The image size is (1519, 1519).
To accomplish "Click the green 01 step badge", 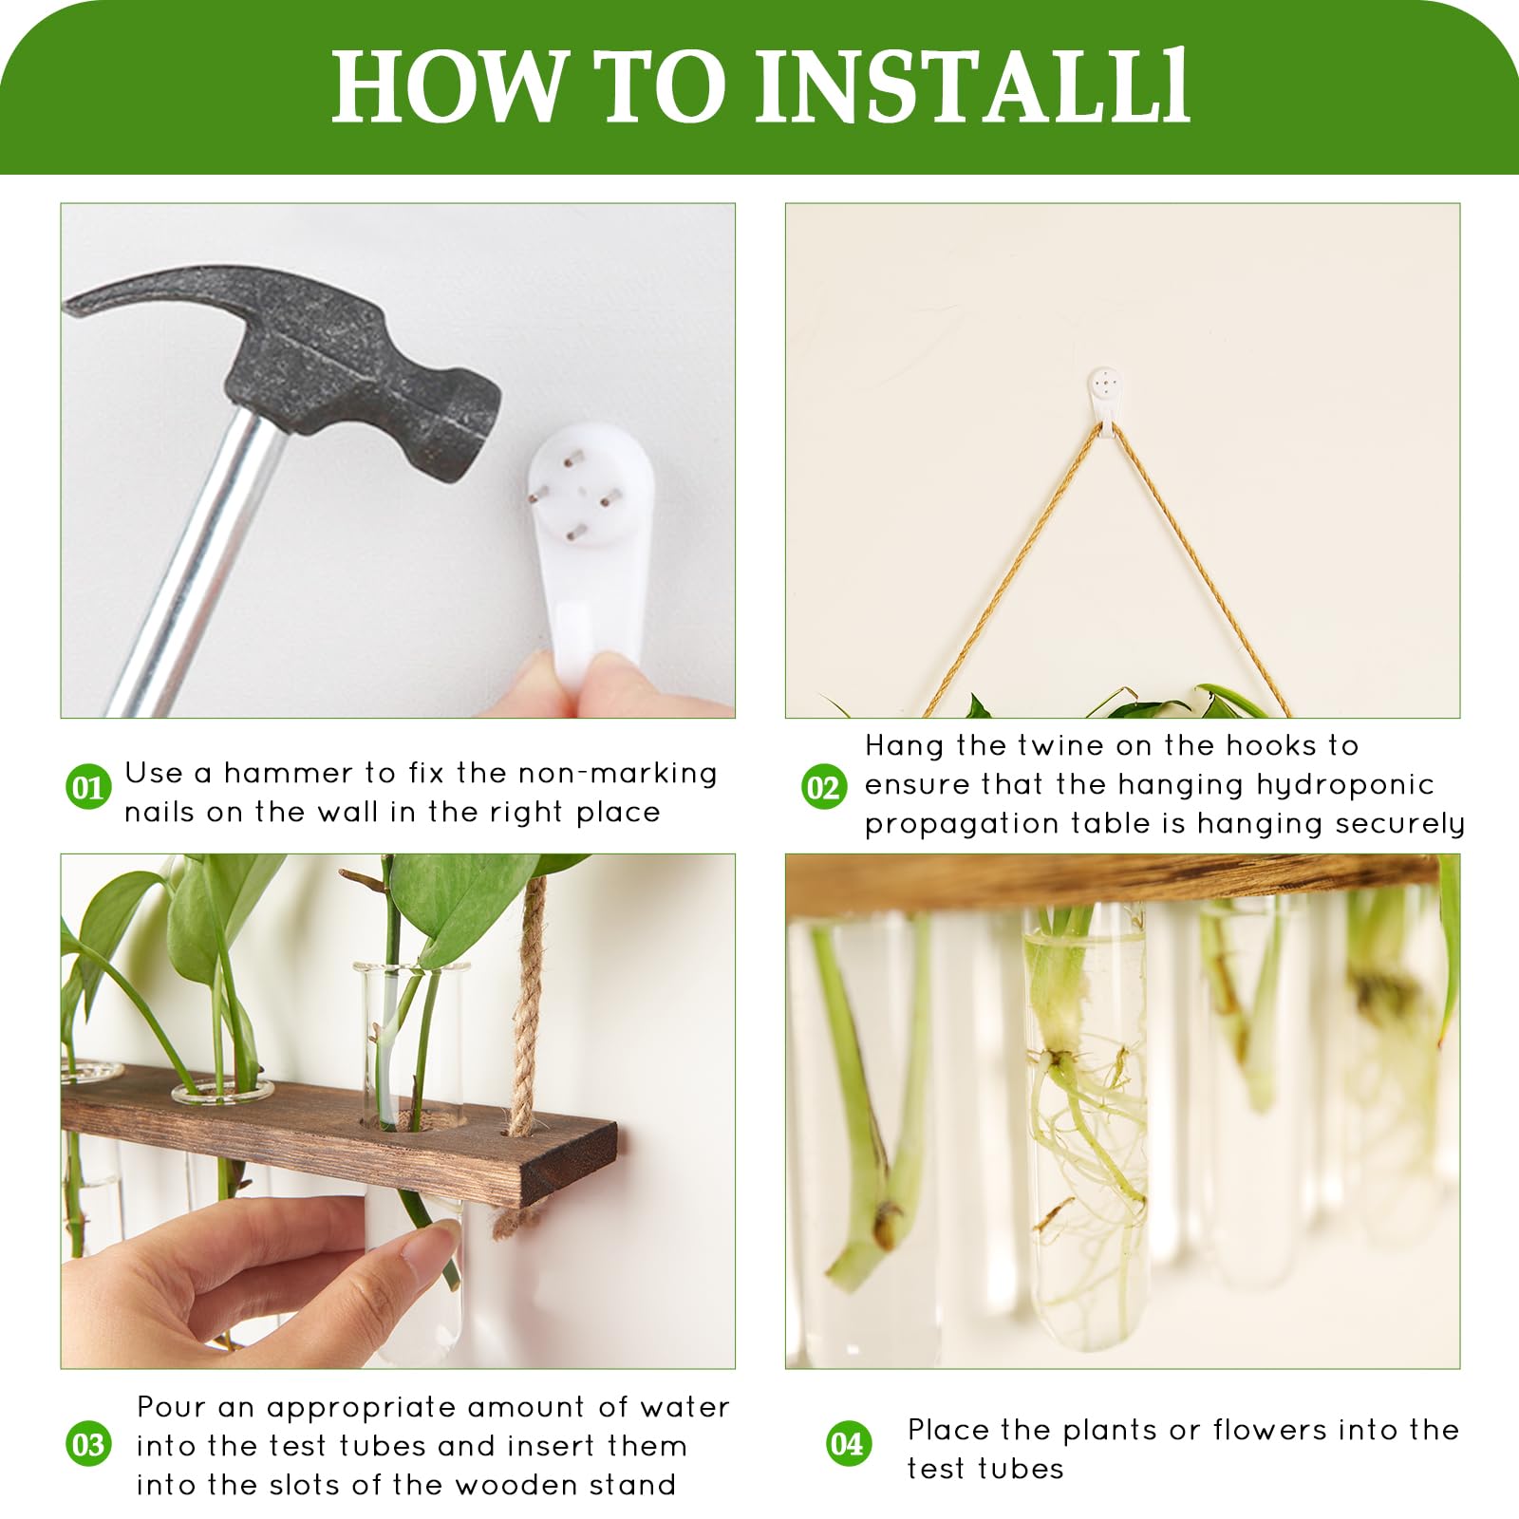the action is click(x=88, y=788).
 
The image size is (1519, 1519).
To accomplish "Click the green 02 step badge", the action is click(x=823, y=787).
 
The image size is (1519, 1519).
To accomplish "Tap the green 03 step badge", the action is click(x=88, y=1445).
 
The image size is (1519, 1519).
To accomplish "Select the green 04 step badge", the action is click(x=848, y=1444).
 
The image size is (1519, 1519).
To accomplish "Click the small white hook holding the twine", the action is click(x=1105, y=398).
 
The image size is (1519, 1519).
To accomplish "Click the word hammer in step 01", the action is click(x=285, y=774).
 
